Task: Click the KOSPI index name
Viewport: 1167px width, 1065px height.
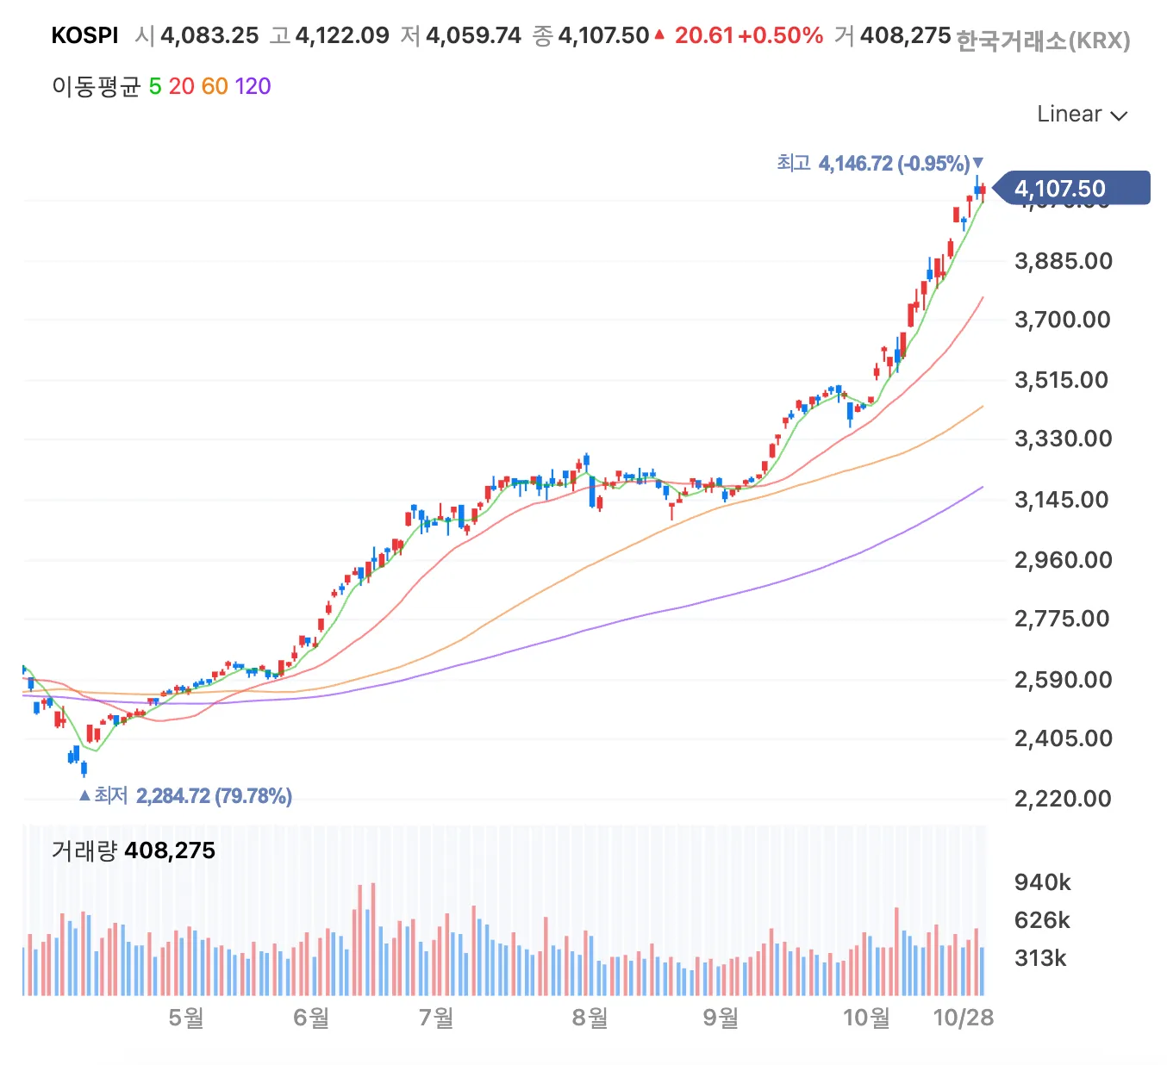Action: click(84, 35)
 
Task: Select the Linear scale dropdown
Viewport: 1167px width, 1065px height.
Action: click(1081, 115)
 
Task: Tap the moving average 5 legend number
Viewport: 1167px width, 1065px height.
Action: click(155, 86)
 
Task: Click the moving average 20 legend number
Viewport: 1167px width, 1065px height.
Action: click(181, 86)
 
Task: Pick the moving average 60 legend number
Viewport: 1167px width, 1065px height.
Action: click(215, 86)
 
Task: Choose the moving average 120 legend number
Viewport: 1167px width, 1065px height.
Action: click(253, 86)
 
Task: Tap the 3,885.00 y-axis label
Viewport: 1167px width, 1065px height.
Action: click(1064, 261)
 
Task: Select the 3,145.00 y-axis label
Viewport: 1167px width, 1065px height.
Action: click(1061, 500)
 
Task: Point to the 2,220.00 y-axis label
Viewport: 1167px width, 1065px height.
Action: click(1063, 798)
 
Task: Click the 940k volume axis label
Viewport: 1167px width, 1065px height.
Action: click(1042, 882)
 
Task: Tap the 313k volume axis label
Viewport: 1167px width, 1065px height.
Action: click(1040, 958)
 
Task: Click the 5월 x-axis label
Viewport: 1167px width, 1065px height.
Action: click(186, 1018)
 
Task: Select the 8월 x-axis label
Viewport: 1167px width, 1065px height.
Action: click(590, 1018)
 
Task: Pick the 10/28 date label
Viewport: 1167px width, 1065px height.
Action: click(963, 1018)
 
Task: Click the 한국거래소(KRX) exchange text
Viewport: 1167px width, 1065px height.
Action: click(1043, 40)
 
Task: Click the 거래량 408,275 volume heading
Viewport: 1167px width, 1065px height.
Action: click(134, 850)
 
